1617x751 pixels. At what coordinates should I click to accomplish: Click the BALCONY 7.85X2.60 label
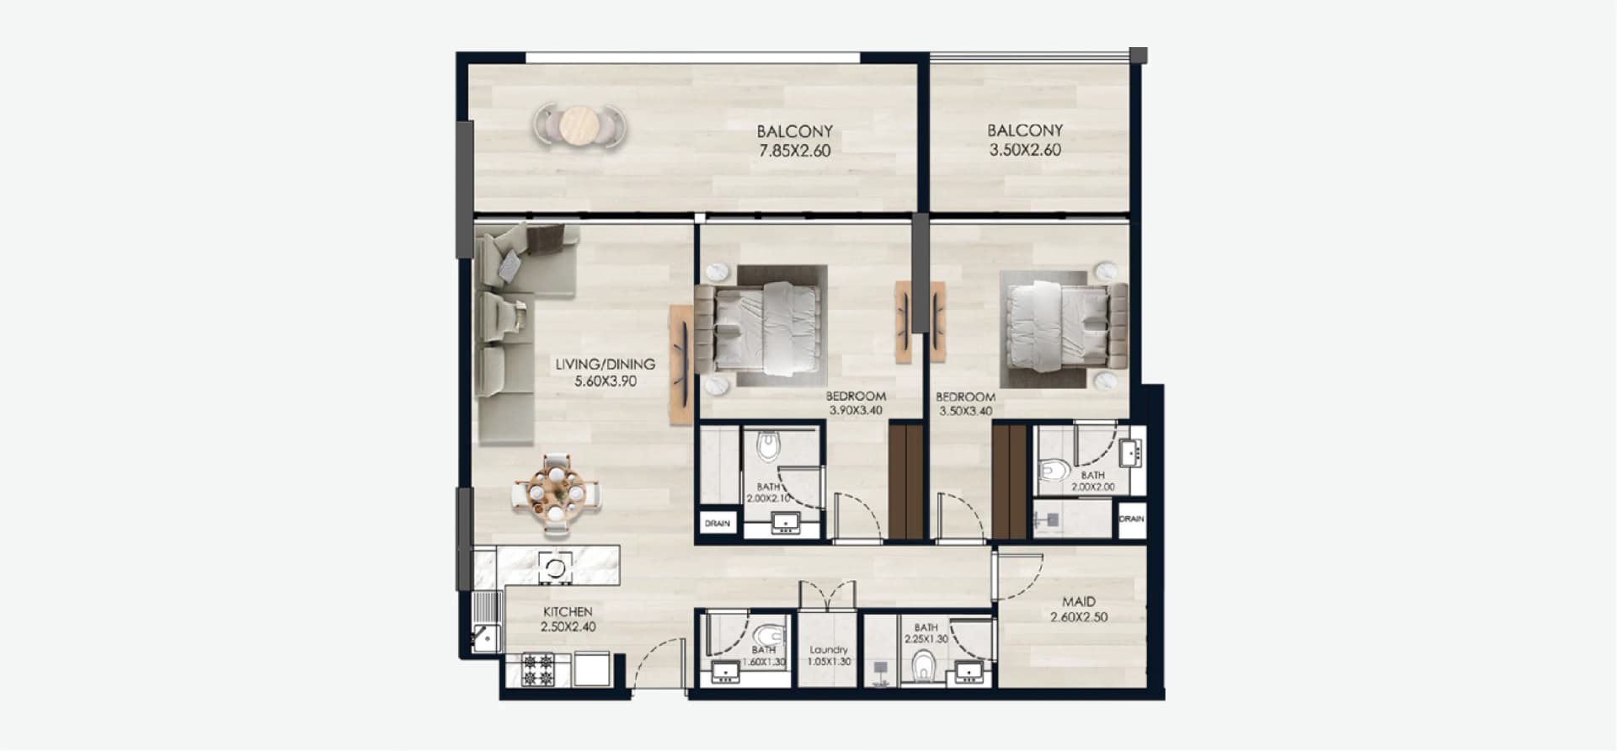pos(794,141)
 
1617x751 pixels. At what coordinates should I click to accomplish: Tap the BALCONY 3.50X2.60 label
pos(1025,141)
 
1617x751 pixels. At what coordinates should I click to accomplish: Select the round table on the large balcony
pos(579,127)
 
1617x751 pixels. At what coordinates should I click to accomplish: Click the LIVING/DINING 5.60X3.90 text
pos(605,372)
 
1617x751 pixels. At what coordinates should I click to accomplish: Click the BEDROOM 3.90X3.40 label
pos(856,403)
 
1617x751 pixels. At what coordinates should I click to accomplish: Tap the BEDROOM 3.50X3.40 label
pos(965,404)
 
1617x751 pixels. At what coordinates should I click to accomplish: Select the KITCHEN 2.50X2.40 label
pos(568,619)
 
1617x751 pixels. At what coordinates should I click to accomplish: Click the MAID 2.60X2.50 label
pos(1079,609)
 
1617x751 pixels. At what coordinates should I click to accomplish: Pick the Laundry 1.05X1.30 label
pos(829,655)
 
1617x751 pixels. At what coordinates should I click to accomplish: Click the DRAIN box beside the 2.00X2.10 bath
pos(718,523)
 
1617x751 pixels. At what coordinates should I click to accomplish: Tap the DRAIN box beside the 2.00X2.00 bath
pos(1131,519)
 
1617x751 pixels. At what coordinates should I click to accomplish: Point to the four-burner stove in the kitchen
pos(538,669)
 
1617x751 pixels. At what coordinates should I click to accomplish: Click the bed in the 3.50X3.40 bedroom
pos(1061,326)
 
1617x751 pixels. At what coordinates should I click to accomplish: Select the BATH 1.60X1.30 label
pos(765,656)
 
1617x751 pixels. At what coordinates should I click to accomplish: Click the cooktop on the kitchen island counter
pos(555,566)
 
